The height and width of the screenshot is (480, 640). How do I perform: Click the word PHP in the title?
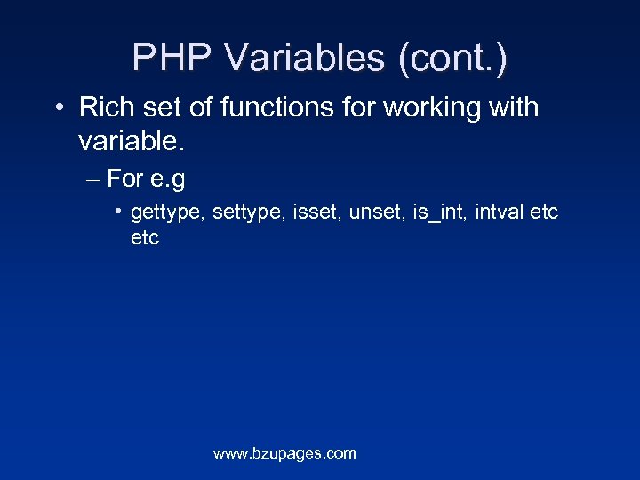172,59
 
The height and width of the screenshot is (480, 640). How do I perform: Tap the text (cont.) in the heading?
453,59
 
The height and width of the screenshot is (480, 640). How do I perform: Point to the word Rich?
104,108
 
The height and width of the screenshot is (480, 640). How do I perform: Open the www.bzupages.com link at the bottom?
284,453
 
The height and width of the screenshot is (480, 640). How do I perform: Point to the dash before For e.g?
94,180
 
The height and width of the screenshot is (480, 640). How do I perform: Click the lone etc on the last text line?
145,238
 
